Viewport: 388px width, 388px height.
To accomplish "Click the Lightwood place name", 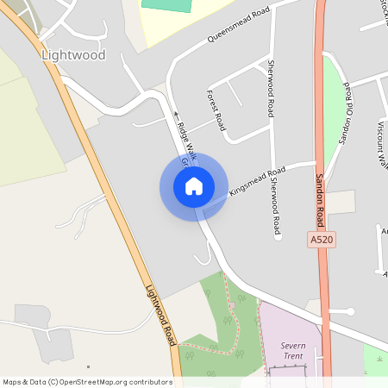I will click(73, 55).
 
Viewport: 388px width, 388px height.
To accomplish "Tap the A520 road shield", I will click(320, 239).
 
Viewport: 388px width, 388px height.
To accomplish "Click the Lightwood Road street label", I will click(160, 314).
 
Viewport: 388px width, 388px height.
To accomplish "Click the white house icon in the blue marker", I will click(194, 186).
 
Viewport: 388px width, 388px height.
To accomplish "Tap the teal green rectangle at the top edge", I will click(177, 4).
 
